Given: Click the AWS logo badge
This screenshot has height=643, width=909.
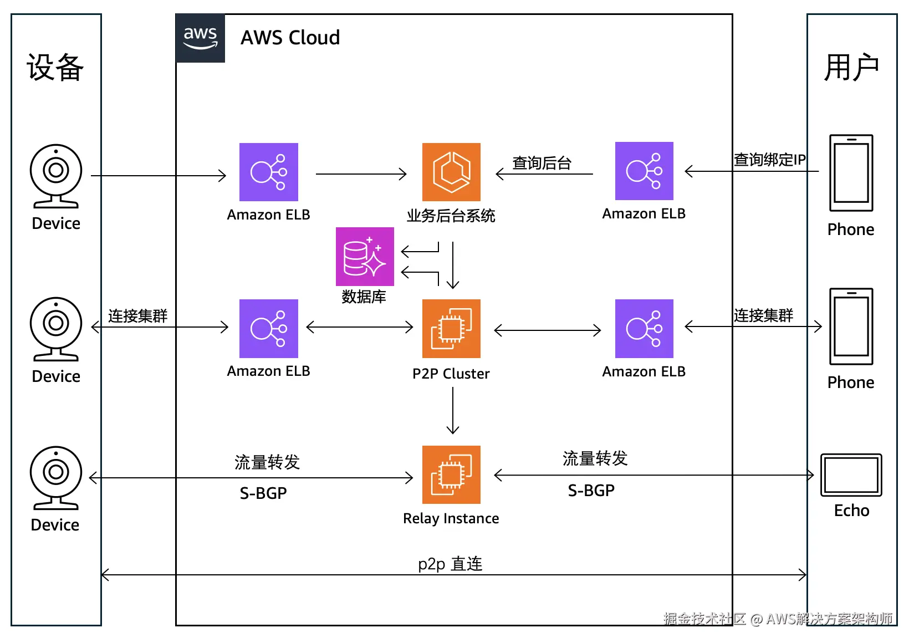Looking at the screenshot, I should coord(200,38).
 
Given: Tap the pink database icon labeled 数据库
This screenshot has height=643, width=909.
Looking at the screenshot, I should coord(365,257).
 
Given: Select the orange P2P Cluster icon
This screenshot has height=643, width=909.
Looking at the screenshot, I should coord(451,329).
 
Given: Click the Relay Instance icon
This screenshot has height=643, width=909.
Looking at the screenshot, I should coord(451,474).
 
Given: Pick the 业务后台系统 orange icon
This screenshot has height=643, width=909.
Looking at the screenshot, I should coord(451,172).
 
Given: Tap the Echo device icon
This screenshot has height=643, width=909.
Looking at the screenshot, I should coord(851,474).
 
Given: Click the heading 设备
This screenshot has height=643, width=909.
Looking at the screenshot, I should coord(55,68).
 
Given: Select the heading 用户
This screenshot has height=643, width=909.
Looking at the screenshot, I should coord(851,68).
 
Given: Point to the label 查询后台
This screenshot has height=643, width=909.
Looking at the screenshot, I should coord(542,163).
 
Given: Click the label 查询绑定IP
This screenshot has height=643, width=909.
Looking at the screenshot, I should coord(769,160).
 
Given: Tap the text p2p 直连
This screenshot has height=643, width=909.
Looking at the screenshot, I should coord(450,564).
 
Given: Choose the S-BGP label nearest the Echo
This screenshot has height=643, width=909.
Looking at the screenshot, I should coord(591,491).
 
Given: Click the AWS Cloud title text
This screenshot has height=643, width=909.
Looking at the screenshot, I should coord(290,38).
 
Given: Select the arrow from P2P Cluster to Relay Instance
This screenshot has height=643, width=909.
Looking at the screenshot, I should coord(453,410).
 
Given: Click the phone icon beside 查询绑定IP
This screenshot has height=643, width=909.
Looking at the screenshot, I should coord(851,173).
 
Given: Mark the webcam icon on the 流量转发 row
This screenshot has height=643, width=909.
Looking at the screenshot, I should coord(56,477).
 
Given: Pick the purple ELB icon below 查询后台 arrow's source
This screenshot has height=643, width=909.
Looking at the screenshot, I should coord(644,329).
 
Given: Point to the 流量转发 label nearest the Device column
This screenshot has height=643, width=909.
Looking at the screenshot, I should coord(267,462).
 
